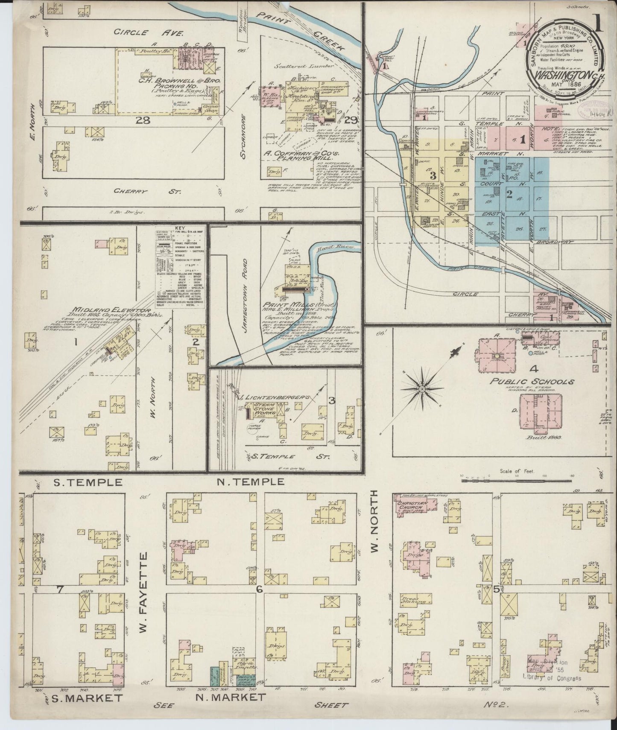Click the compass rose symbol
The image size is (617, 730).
pyautogui.click(x=422, y=389)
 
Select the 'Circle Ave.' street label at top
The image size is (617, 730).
pyautogui.click(x=149, y=32)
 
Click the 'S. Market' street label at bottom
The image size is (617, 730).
pyautogui.click(x=87, y=710)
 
